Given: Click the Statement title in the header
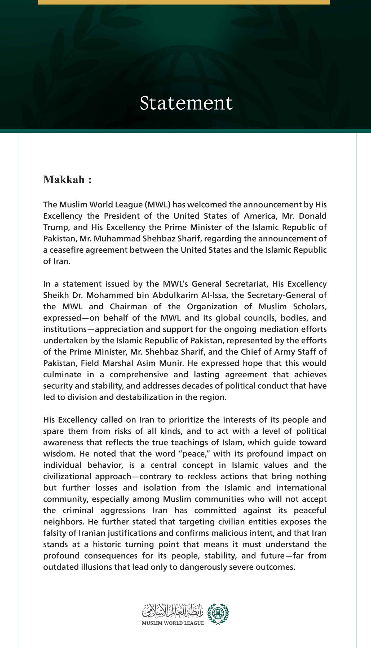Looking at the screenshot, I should coord(186,103).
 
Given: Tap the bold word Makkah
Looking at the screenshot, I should coord(64,180).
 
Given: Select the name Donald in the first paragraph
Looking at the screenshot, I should coord(313,216).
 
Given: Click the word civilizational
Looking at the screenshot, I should coord(67,477).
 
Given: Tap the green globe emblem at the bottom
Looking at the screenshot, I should coord(218,614).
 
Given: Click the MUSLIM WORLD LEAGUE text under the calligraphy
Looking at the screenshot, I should coord(173,623).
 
